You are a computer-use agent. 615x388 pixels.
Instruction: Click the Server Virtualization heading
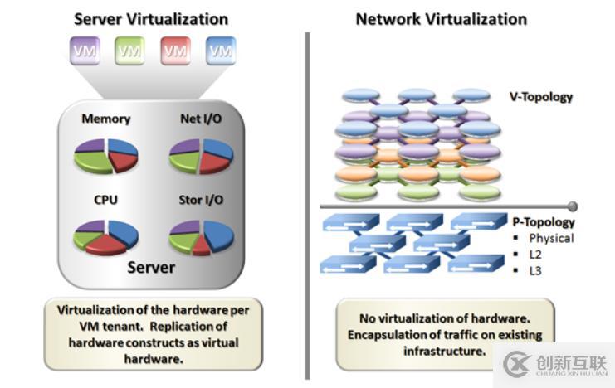point(152,17)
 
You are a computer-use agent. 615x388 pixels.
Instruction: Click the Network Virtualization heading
point(441,18)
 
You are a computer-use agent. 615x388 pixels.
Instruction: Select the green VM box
point(129,51)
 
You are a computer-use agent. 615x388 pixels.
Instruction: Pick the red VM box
point(175,51)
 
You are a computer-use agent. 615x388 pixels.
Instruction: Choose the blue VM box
point(221,51)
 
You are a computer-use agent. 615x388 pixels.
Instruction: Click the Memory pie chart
point(105,155)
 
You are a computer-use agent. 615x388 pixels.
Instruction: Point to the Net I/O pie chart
point(201,155)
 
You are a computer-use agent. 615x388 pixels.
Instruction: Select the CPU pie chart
point(105,235)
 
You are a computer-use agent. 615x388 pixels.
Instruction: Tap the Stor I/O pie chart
point(201,237)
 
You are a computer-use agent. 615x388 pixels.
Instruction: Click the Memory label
point(105,119)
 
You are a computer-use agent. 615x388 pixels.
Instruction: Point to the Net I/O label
point(201,119)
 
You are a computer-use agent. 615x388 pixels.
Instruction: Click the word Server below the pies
point(151,267)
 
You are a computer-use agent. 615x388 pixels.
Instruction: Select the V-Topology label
point(540,97)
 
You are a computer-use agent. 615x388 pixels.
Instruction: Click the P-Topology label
point(544,222)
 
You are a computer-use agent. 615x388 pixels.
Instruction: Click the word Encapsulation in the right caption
point(388,335)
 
